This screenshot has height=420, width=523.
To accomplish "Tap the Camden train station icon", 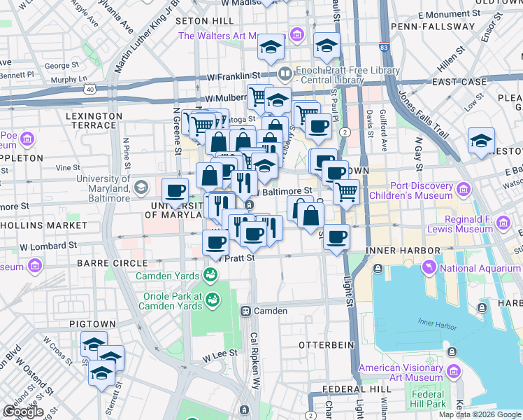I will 245,311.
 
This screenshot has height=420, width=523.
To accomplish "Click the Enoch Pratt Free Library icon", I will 285,73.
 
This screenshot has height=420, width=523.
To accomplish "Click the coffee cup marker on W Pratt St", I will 215,243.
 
